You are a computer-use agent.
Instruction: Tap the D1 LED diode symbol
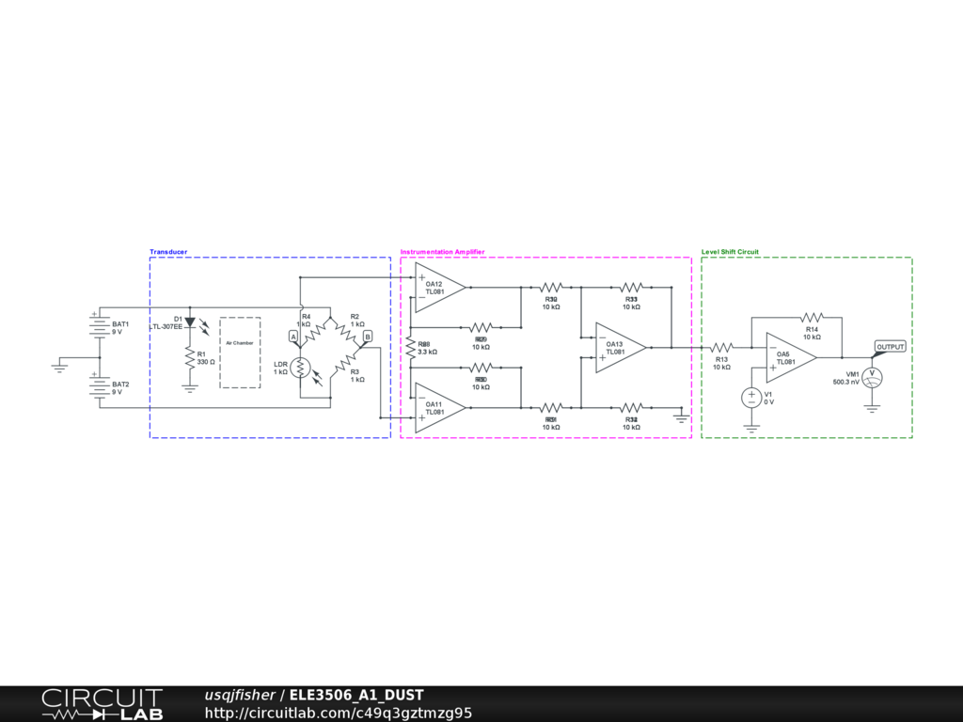190,322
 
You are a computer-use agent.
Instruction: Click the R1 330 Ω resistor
190,358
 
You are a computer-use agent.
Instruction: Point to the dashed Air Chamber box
240,353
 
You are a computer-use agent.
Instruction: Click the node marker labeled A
293,336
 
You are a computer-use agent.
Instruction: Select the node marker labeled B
368,336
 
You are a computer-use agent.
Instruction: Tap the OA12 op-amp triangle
439,286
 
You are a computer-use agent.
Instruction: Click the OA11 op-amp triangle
439,408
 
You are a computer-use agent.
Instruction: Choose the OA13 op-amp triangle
619,347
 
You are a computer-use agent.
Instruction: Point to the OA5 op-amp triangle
789,357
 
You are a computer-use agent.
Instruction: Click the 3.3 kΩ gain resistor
410,347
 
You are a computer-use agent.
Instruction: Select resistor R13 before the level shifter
722,347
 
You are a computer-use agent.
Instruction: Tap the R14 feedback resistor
812,317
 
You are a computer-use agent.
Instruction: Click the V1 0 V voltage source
751,398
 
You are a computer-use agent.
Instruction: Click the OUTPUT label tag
890,347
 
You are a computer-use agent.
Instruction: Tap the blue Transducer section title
168,252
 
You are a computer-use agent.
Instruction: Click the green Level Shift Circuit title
730,252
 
